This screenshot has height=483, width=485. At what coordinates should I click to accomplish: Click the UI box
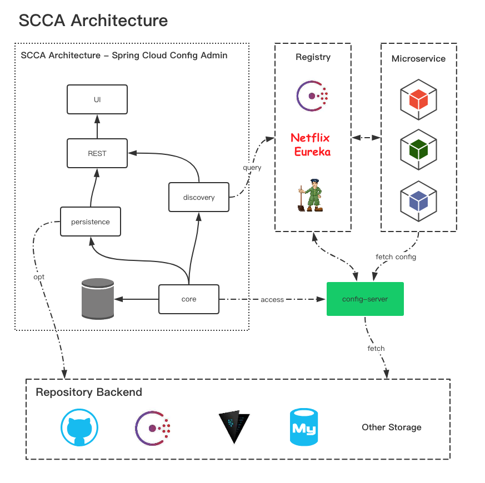(x=97, y=99)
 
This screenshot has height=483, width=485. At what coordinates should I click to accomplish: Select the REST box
(x=97, y=153)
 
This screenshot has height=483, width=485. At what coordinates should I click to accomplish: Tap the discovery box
(x=199, y=197)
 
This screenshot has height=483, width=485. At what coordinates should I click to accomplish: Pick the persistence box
(x=91, y=222)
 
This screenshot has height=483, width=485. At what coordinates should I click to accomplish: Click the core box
(x=189, y=299)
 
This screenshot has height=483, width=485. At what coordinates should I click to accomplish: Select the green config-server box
(x=365, y=299)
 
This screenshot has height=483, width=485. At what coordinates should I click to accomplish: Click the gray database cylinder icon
(x=97, y=299)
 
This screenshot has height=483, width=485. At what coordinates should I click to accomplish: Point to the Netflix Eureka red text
(x=311, y=144)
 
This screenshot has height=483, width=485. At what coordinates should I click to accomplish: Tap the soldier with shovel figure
(x=311, y=195)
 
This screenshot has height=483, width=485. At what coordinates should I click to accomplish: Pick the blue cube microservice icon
(x=418, y=200)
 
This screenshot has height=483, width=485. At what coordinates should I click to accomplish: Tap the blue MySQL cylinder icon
(x=303, y=427)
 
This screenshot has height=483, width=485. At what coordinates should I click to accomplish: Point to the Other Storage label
(x=392, y=427)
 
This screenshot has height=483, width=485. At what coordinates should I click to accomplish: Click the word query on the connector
(x=252, y=167)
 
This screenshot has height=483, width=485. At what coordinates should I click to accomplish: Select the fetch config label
(x=396, y=257)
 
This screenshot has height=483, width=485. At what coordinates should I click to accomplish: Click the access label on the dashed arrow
(x=272, y=300)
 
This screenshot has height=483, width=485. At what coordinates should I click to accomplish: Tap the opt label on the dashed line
(x=39, y=276)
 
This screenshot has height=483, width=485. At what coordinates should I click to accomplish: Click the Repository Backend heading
(x=89, y=393)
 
